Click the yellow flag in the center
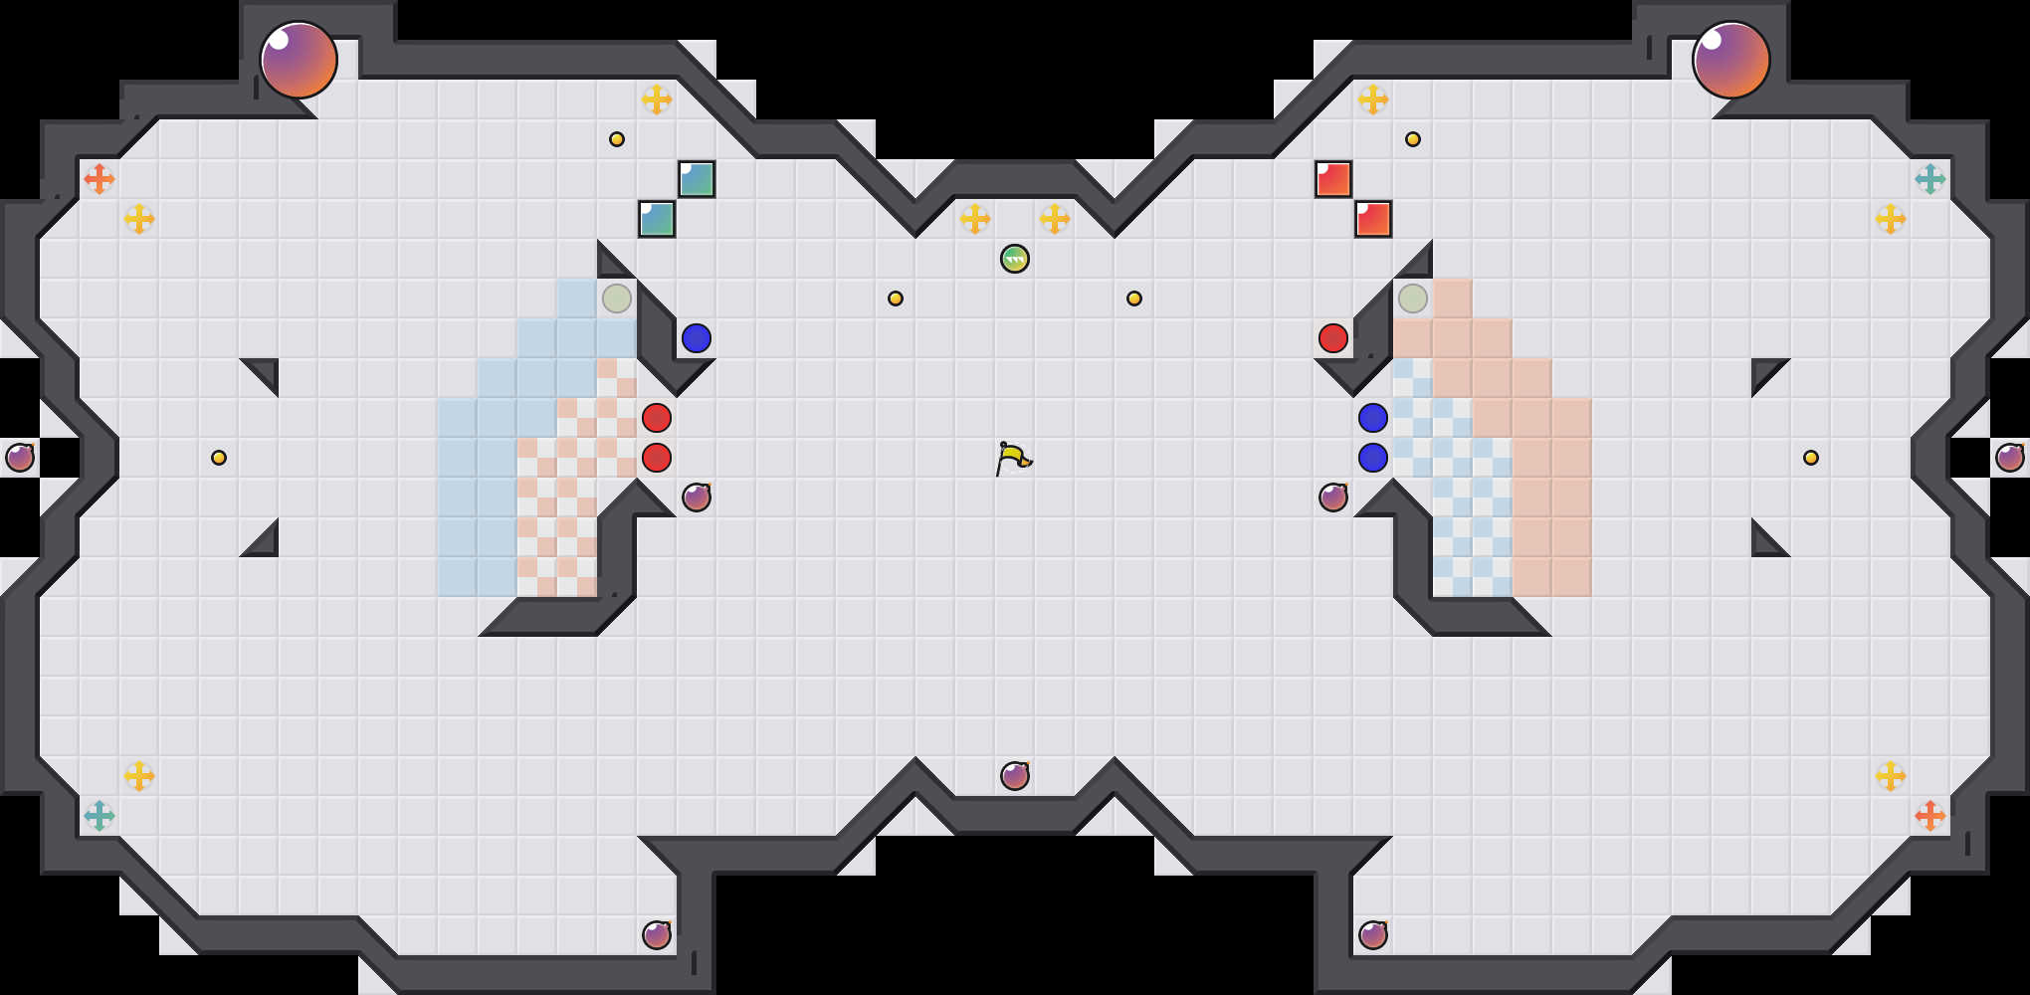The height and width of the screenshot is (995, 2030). pos(1013,458)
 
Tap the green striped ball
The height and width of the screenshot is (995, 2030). pos(1015,259)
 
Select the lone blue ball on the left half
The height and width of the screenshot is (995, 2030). pos(697,338)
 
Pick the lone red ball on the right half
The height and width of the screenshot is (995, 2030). pos(1333,338)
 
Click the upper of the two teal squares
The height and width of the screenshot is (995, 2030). pos(697,179)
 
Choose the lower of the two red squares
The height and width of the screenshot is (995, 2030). pos(1373,219)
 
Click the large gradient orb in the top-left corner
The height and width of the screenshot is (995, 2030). pos(299,60)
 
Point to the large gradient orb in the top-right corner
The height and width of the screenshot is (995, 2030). pos(1731,60)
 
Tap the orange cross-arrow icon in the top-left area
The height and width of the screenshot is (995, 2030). pos(100,179)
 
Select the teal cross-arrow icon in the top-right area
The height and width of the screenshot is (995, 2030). pos(1930,179)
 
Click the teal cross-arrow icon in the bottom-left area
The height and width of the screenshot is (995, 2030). pos(100,816)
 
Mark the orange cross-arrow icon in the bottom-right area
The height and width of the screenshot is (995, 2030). pos(1930,816)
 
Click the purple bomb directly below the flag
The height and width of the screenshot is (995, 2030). pos(1015,776)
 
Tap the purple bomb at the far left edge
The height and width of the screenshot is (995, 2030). pos(20,458)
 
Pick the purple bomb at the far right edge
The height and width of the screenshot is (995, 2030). pos(2010,458)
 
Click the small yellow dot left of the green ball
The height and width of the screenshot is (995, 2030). pos(896,298)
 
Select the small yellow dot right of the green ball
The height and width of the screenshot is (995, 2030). pos(1134,298)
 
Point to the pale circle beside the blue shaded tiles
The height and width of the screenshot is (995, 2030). pos(617,298)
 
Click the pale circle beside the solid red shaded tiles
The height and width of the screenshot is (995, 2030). pos(1413,298)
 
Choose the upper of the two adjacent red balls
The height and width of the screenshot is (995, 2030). pos(657,418)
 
